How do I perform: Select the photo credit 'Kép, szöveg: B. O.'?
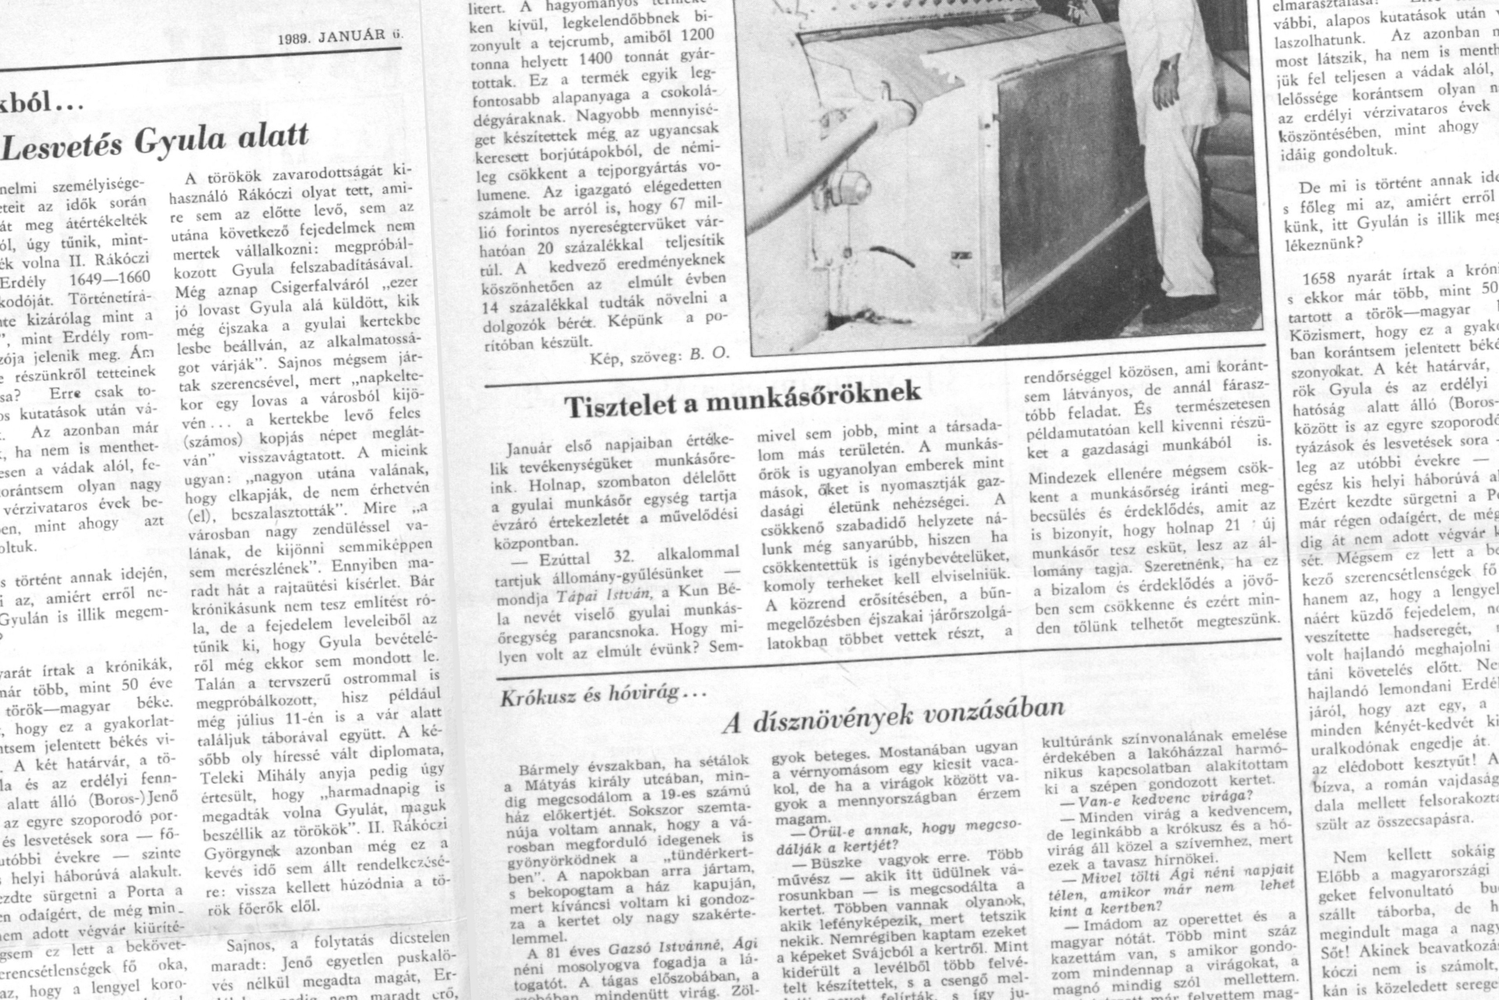(659, 353)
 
